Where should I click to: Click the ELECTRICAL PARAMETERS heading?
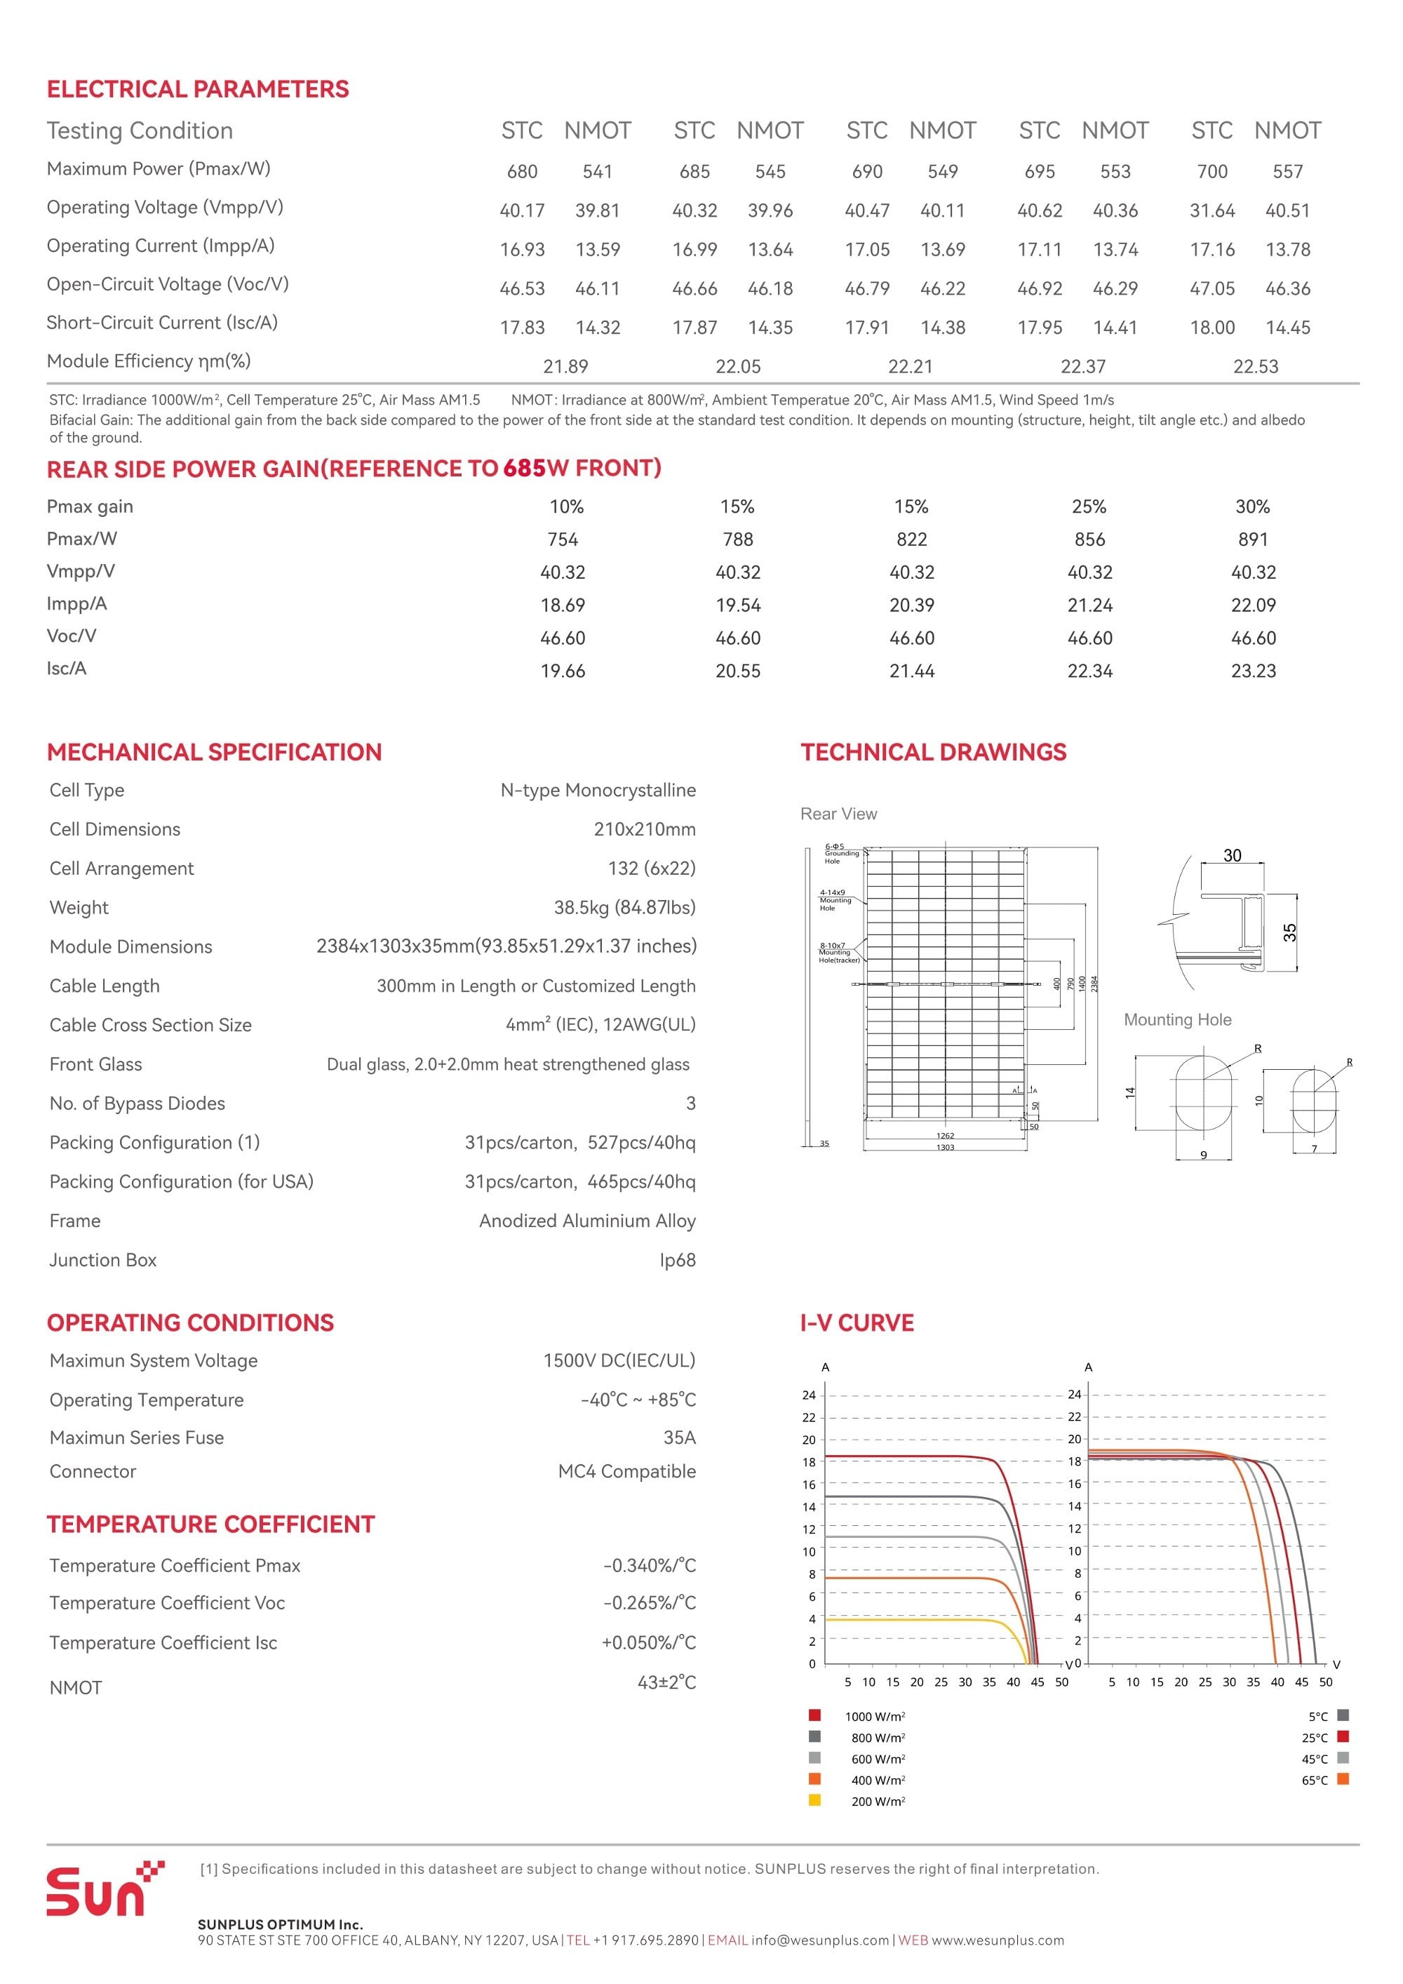coord(198,89)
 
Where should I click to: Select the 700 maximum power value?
coord(1211,171)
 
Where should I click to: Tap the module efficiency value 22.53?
coord(1255,366)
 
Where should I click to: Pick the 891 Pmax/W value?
coord(1253,539)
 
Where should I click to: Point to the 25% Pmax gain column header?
coord(1089,507)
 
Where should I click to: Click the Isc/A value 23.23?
coord(1253,671)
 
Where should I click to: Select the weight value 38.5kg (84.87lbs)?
coord(624,907)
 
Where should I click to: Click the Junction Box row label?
coord(103,1260)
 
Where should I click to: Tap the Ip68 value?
coord(678,1260)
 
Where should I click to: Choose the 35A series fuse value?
coord(679,1437)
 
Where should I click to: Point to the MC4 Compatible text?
coord(626,1470)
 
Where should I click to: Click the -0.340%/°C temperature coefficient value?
coord(649,1565)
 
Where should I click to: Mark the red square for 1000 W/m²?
coord(814,1715)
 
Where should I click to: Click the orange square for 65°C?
coord(1343,1779)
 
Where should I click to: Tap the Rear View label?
coord(838,814)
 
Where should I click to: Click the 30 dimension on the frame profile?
coord(1232,855)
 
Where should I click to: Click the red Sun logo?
coord(104,1890)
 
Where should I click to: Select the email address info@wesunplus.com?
coord(820,1940)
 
